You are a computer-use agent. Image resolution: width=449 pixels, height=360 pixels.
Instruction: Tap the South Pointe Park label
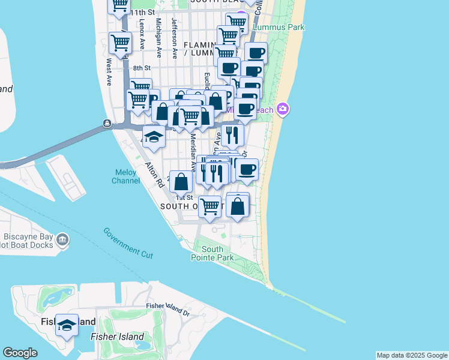click(x=212, y=253)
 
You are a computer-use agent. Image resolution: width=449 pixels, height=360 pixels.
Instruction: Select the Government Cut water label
click(x=128, y=243)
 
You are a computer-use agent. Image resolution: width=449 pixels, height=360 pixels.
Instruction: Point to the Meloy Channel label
click(x=127, y=176)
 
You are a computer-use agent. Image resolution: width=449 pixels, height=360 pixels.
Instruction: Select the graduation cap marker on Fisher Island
click(x=67, y=325)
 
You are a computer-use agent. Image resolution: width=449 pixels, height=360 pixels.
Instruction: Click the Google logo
click(x=20, y=353)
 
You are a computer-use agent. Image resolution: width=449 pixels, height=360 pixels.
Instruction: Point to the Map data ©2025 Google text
click(x=411, y=355)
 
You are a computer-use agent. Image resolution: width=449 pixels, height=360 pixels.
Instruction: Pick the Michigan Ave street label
click(x=158, y=37)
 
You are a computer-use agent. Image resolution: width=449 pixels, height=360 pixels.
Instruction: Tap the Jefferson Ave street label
click(x=174, y=37)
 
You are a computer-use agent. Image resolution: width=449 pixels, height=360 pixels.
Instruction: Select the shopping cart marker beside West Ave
click(x=121, y=44)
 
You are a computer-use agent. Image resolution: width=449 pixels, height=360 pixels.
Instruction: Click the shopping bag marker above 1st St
click(x=181, y=182)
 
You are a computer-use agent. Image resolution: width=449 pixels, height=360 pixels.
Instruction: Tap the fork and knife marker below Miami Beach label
click(x=232, y=135)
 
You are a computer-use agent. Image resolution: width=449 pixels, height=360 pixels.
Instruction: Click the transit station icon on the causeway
click(x=106, y=124)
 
